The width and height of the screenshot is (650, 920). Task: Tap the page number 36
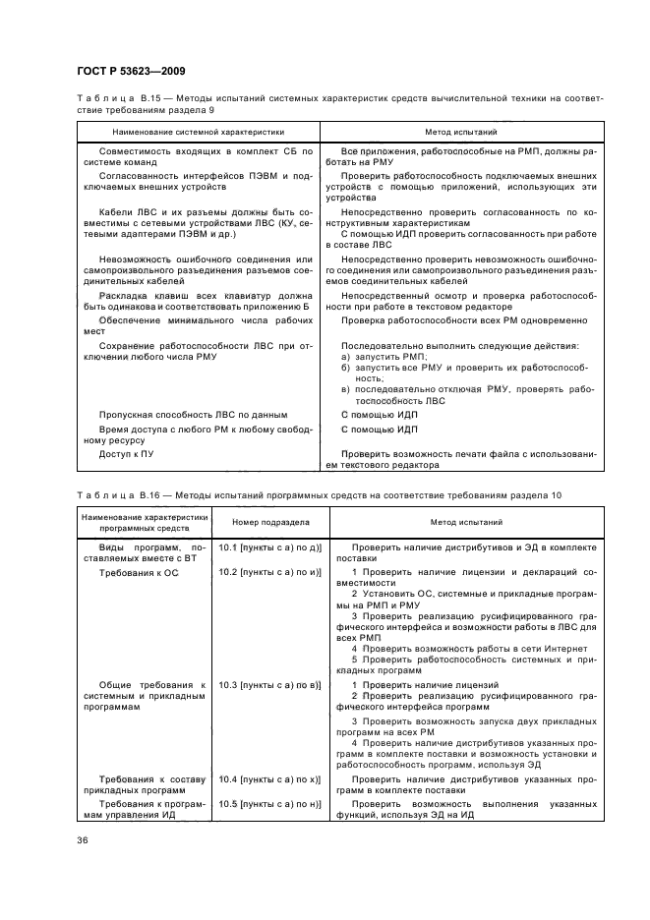pos(83,840)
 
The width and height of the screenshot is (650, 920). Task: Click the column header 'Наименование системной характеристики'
pos(198,131)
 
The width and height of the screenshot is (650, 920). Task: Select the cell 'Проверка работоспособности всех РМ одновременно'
pos(463,320)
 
